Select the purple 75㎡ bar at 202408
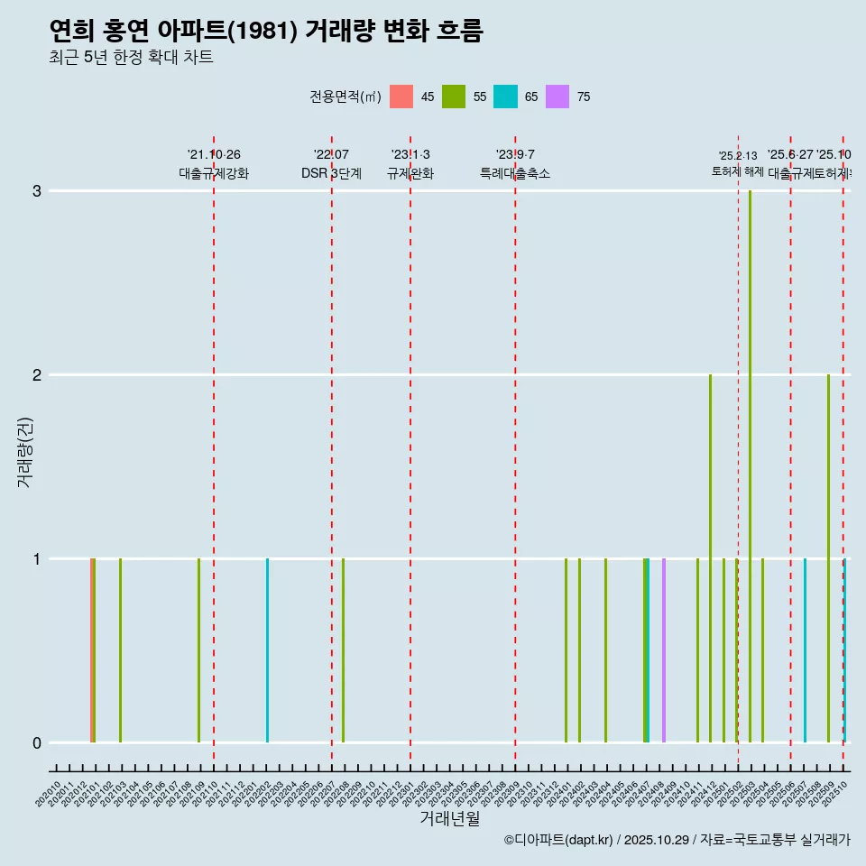664,650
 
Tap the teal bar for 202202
267,650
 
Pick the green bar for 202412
710,558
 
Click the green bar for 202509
828,558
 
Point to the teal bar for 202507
805,650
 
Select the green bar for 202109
198,650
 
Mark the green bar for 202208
343,650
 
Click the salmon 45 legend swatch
401,97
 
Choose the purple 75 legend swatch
558,97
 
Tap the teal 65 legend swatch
506,97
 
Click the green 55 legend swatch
454,97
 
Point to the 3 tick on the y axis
37,191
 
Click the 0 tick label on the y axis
37,742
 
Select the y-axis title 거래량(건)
24,452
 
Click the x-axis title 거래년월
449,818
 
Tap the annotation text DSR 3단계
331,173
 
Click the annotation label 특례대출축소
515,173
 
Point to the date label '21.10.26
214,155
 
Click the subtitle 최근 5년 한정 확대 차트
131,58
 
